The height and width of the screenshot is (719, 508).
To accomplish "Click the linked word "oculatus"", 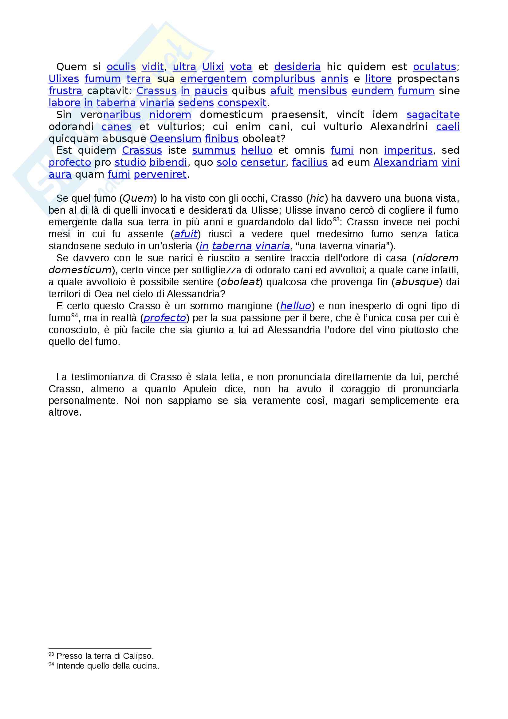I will pyautogui.click(x=435, y=67).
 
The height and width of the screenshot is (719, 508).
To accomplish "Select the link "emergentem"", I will pyautogui.click(x=214, y=79).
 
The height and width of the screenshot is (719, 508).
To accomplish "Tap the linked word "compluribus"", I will pyautogui.click(x=284, y=79).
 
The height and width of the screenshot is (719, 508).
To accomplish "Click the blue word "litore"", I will pyautogui.click(x=378, y=79).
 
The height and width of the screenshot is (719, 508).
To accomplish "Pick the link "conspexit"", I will pyautogui.click(x=242, y=103).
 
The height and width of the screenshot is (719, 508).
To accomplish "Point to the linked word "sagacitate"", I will pyautogui.click(x=433, y=115).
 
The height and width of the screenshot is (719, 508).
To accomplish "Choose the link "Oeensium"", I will pyautogui.click(x=175, y=139).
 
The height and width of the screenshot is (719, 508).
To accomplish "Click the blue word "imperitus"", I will pyautogui.click(x=408, y=151).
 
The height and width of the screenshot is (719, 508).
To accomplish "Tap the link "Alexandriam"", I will pyautogui.click(x=406, y=163).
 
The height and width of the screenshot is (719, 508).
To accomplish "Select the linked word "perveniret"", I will pyautogui.click(x=160, y=174).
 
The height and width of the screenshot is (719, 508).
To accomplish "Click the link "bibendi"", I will pyautogui.click(x=168, y=163).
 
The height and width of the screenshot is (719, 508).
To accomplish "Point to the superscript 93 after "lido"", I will pyautogui.click(x=336, y=219).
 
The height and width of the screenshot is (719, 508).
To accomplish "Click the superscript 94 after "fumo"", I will pyautogui.click(x=74, y=315).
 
